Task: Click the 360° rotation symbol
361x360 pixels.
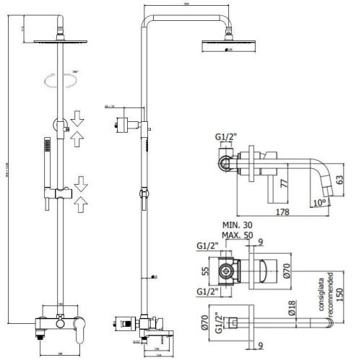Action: pos(58,80)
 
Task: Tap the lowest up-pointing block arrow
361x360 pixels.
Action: pos(79,204)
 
